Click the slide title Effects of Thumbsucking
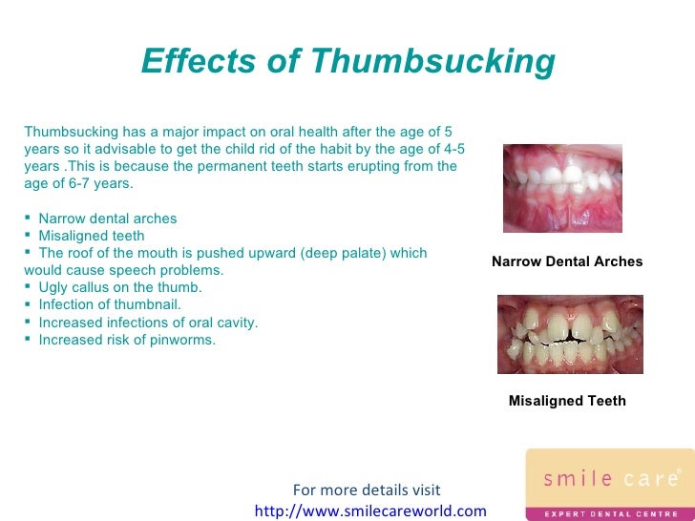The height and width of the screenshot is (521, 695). pyautogui.click(x=347, y=63)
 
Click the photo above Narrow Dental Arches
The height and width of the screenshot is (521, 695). pyautogui.click(x=562, y=189)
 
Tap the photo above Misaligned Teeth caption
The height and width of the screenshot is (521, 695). pyautogui.click(x=570, y=334)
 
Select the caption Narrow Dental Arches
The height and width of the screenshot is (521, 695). pyautogui.click(x=567, y=261)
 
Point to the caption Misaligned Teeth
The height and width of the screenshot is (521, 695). pyautogui.click(x=567, y=401)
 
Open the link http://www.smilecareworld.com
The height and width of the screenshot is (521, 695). pyautogui.click(x=370, y=511)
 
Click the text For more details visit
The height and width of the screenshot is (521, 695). pyautogui.click(x=367, y=490)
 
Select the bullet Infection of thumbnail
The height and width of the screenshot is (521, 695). pyautogui.click(x=109, y=304)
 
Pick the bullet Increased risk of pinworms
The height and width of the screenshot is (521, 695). pyautogui.click(x=127, y=339)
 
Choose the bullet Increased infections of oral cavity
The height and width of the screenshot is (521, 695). pyautogui.click(x=148, y=323)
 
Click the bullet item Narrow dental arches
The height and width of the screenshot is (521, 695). pyautogui.click(x=107, y=219)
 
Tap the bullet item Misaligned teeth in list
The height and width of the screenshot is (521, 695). pyautogui.click(x=92, y=236)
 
